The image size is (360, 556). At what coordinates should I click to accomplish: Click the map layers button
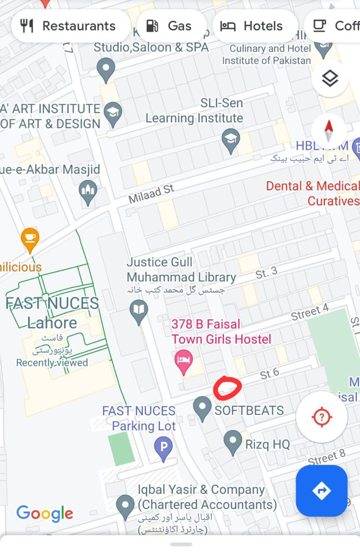329,79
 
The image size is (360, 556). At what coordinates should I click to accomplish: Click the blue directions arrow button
322,491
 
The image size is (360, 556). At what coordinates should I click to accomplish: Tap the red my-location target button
322,417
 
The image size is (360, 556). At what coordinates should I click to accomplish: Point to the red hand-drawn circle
227,388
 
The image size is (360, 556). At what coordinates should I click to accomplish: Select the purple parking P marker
163,449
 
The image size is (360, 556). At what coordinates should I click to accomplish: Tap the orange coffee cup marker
30,240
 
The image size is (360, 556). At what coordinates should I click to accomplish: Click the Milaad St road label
152,194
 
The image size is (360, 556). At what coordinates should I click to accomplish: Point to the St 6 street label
269,373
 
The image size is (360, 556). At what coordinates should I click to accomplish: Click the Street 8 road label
327,458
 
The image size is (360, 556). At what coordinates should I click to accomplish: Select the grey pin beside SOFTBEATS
202,408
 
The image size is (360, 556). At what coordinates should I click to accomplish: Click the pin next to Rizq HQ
233,442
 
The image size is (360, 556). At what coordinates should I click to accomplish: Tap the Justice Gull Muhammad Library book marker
139,311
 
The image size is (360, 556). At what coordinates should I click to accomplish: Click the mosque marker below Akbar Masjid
88,191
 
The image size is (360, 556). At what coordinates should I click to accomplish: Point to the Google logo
45,513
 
